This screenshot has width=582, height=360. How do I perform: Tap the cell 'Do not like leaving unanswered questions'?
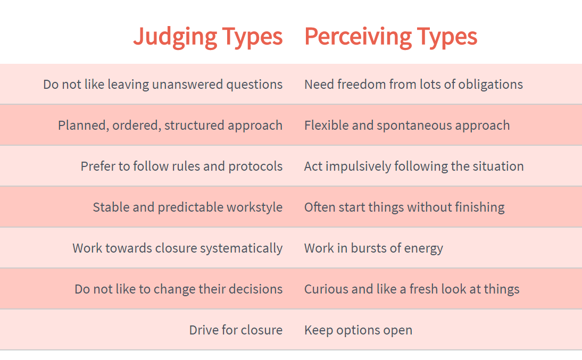[x=163, y=85]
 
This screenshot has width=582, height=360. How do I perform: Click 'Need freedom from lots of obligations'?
[x=413, y=85]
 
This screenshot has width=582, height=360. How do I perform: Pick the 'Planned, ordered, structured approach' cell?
[x=170, y=125]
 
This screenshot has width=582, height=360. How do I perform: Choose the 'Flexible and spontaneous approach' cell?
[x=407, y=125]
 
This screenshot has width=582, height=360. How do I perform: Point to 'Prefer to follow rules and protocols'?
[x=181, y=166]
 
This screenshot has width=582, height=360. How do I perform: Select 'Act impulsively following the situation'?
[x=414, y=166]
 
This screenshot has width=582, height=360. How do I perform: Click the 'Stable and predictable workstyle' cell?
[x=188, y=207]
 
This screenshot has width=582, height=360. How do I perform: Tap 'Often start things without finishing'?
[x=404, y=207]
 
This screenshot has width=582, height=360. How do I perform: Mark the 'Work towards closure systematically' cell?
[x=178, y=248]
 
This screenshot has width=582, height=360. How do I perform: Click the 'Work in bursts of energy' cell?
[x=373, y=248]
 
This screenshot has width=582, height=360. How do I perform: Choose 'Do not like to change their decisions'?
[x=179, y=289]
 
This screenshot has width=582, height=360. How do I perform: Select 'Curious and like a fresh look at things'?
[x=412, y=289]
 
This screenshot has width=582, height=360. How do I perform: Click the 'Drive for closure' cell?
[x=236, y=330]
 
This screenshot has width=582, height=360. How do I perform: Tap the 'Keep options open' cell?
[x=358, y=330]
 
